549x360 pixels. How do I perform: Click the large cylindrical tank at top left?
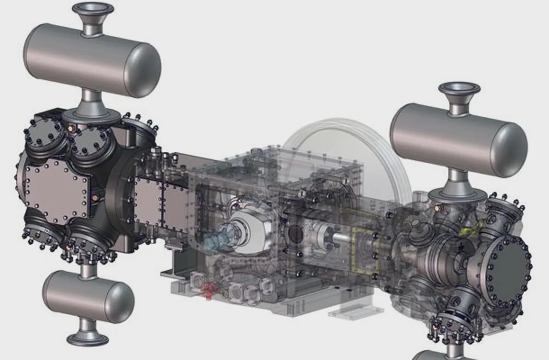(91, 59)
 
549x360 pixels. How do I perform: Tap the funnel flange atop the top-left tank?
(92, 14)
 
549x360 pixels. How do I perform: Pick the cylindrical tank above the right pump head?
(457, 137)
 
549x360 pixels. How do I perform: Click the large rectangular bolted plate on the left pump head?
(55, 192)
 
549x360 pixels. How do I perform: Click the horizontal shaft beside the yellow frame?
(339, 238)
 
